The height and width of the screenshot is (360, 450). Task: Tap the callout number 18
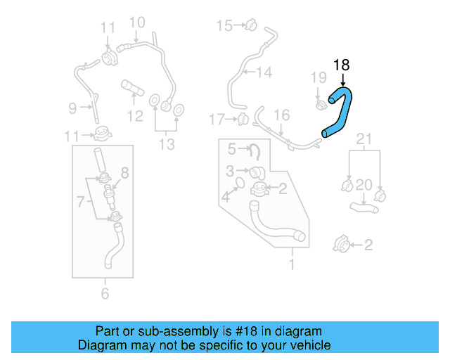click(x=341, y=65)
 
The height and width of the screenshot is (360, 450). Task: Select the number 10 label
click(x=137, y=22)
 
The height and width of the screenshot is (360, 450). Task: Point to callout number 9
click(x=72, y=108)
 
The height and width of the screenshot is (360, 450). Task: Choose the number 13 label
click(x=166, y=144)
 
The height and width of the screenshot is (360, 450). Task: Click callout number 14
click(x=264, y=72)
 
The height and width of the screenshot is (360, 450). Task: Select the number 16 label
click(x=281, y=115)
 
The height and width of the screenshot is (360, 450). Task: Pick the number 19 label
click(x=319, y=77)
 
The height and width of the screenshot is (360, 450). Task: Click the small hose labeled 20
click(x=365, y=206)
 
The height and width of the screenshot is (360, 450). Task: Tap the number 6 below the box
click(x=105, y=294)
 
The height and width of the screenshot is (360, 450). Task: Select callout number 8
click(x=125, y=172)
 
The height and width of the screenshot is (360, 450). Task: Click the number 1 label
click(x=292, y=264)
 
